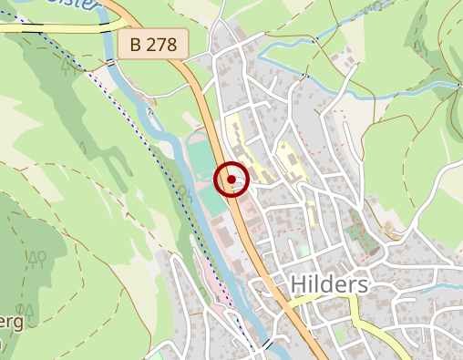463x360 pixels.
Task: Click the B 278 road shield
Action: point(152,43)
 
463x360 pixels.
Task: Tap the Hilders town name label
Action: point(330,285)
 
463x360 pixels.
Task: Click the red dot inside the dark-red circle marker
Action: point(231,179)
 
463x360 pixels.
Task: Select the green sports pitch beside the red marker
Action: point(202,178)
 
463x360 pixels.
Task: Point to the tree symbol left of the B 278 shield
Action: point(66,65)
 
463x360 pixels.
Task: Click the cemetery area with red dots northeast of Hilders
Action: point(362,230)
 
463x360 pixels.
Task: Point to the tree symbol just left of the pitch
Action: point(184,192)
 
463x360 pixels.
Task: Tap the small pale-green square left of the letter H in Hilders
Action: point(304,249)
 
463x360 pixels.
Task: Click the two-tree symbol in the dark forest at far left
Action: point(36,258)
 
